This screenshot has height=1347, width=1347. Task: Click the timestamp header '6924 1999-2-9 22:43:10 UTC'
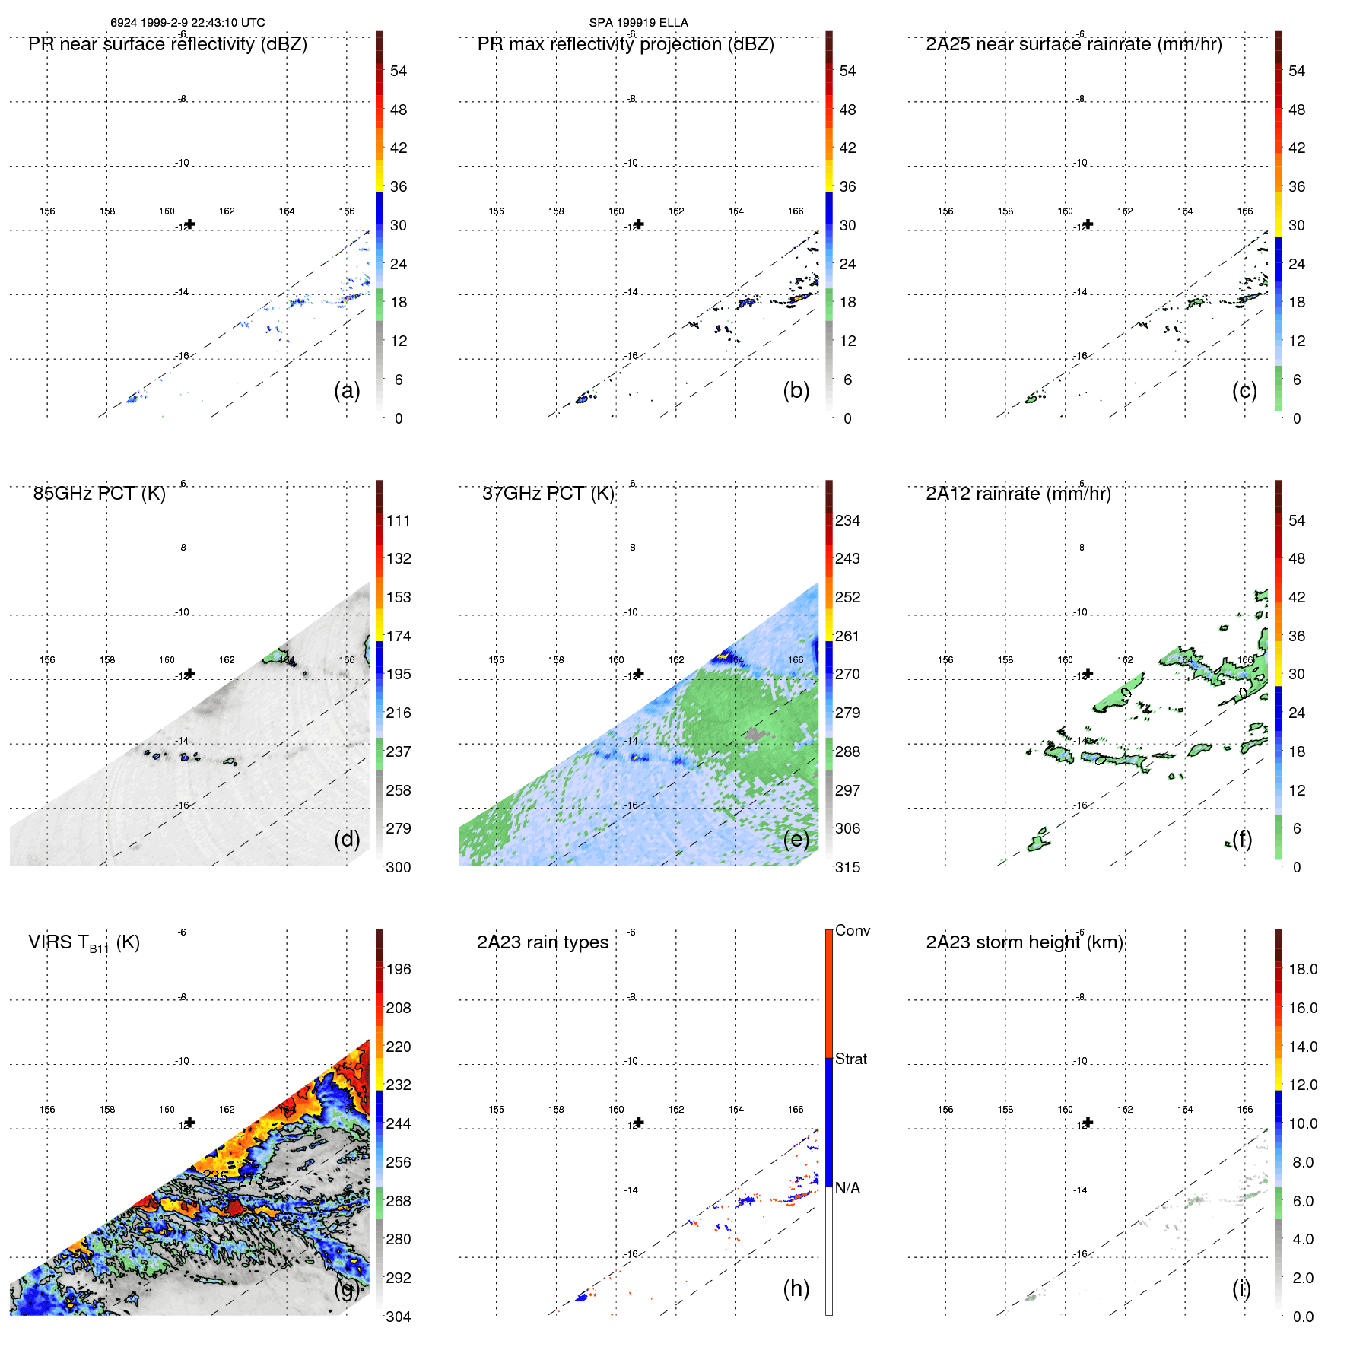(187, 23)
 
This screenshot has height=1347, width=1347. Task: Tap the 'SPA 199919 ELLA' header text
(638, 23)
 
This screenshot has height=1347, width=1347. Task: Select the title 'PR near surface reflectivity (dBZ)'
(167, 44)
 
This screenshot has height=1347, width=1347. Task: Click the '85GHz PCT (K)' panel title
(99, 494)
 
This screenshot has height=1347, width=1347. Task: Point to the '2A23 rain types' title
(542, 942)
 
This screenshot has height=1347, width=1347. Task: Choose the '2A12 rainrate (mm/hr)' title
(1018, 494)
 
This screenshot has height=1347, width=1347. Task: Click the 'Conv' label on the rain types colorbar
(852, 930)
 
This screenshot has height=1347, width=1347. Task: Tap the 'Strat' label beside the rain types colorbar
(850, 1059)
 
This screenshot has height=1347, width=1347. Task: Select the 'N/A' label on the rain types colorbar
(847, 1188)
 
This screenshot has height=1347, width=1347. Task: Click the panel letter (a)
(347, 390)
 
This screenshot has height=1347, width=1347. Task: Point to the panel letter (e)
(796, 839)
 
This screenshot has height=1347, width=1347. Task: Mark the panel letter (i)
(1241, 1288)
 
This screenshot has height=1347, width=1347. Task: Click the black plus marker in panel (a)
(190, 224)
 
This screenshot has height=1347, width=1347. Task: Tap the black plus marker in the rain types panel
(639, 1123)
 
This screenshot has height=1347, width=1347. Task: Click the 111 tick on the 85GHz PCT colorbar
(399, 520)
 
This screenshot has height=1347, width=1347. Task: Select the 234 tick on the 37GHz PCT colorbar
(847, 520)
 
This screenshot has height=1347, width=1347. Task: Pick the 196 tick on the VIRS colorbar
(399, 969)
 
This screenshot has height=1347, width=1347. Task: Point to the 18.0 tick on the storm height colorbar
(1302, 969)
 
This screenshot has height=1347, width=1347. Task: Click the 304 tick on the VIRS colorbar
(399, 1317)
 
